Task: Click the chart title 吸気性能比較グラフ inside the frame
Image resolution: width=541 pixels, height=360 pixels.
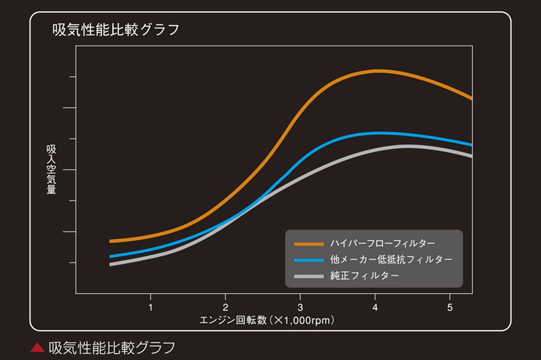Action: pos(116,30)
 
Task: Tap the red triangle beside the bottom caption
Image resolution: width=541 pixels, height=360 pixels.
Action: pos(37,347)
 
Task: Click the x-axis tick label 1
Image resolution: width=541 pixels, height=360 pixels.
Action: pos(150,309)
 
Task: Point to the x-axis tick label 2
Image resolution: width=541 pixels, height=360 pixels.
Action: pos(225,309)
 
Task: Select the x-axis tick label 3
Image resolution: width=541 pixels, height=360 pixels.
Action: pos(300,309)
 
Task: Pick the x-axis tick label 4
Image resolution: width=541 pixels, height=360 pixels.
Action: pos(375,309)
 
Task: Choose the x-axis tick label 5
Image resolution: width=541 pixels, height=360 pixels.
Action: pos(449,309)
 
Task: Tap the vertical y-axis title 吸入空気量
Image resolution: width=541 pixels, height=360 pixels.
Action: pos(51,169)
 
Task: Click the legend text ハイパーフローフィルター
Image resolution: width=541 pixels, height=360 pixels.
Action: pos(382,244)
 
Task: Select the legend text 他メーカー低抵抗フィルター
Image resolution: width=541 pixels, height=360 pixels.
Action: pos(390,260)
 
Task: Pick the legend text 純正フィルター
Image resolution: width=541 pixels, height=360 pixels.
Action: pos(364,275)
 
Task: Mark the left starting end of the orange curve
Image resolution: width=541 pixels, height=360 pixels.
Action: pos(111,241)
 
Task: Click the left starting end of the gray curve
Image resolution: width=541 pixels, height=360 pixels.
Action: pos(111,264)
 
